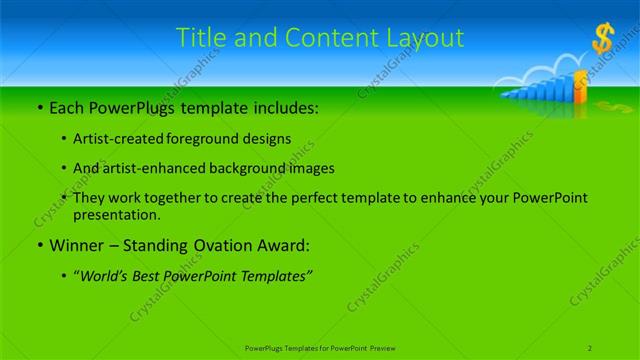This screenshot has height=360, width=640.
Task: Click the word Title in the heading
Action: click(200, 38)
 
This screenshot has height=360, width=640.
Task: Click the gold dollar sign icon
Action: click(602, 40)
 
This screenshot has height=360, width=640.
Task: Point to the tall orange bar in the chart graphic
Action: click(580, 92)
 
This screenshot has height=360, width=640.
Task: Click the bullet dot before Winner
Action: click(39, 245)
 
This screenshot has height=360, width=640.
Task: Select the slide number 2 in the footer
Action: click(590, 347)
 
